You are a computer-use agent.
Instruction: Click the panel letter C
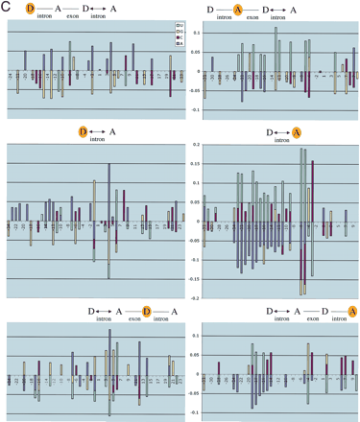[7, 8]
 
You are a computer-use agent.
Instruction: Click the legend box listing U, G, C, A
[170, 35]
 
